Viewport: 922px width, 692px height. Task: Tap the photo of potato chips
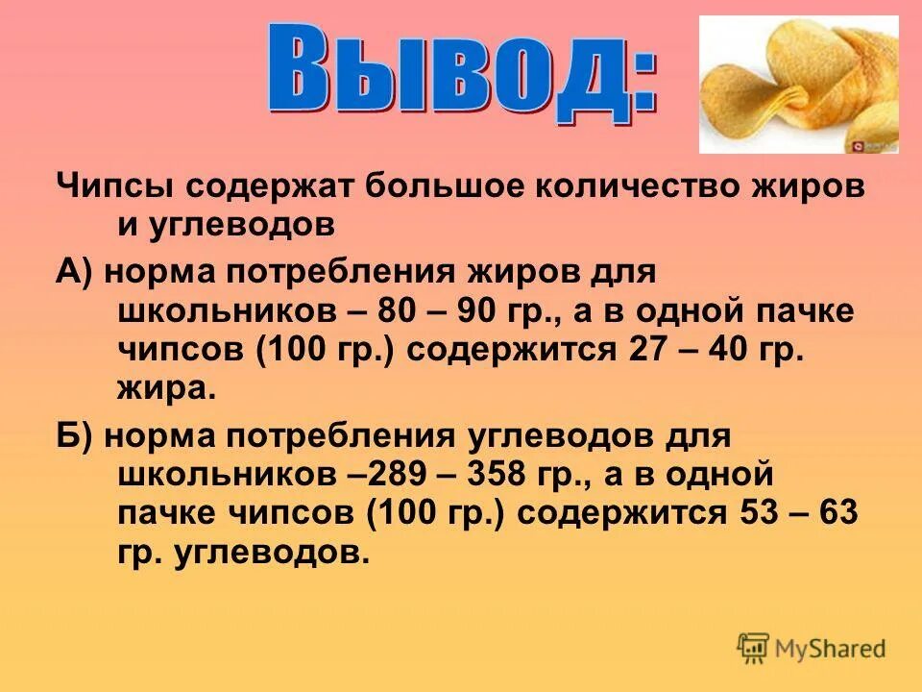798,85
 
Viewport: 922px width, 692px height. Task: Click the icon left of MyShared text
753,647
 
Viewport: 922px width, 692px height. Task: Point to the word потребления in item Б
340,435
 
